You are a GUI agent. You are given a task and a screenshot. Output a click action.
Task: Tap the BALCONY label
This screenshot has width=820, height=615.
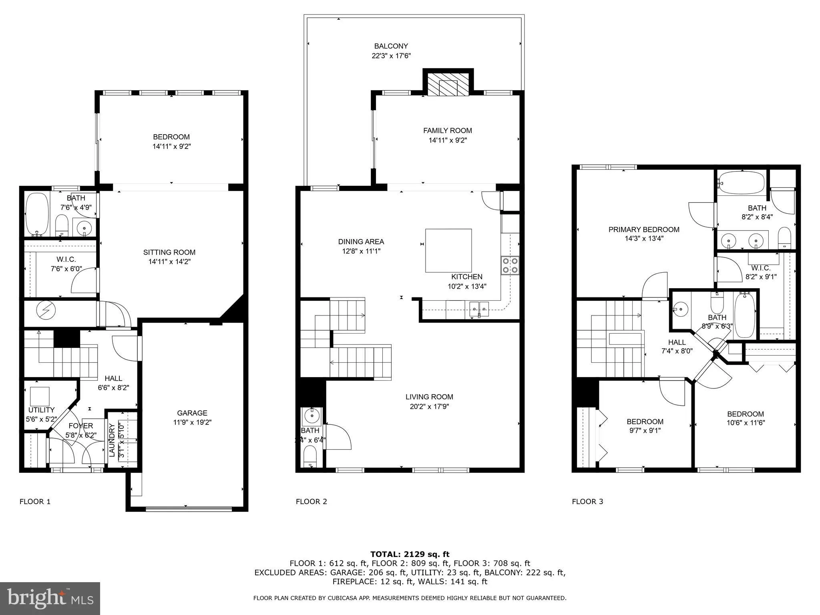pyautogui.click(x=391, y=46)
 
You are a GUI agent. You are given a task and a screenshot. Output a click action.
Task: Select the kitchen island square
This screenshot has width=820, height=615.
pyautogui.click(x=448, y=251)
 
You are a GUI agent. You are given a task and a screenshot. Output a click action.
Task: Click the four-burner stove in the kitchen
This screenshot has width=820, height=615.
pyautogui.click(x=510, y=265)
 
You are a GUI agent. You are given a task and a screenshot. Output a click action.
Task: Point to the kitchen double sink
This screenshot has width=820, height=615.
pyautogui.click(x=479, y=309)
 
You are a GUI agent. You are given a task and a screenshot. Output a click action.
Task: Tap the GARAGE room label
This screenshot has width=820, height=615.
pyautogui.click(x=192, y=413)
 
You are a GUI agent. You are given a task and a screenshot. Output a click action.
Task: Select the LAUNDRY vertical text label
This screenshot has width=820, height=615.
pyautogui.click(x=112, y=440)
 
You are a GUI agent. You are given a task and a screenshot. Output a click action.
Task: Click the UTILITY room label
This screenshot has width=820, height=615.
pyautogui.click(x=41, y=410)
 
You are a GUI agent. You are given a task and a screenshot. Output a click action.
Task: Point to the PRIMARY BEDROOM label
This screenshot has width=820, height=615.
pyautogui.click(x=643, y=229)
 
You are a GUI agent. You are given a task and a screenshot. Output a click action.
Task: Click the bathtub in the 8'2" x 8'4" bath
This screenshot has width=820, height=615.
pyautogui.click(x=741, y=183)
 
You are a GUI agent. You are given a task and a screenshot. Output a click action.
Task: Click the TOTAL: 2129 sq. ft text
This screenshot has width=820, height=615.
pyautogui.click(x=410, y=554)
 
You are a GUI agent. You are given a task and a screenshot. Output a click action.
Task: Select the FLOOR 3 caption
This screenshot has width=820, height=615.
pyautogui.click(x=587, y=501)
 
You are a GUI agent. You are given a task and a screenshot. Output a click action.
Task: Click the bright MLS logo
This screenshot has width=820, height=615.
pyautogui.click(x=50, y=598)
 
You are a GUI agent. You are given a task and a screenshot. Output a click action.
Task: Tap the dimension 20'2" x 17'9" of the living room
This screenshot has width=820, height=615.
pyautogui.click(x=429, y=407)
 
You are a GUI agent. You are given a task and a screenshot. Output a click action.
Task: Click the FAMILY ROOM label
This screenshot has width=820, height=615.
pyautogui.click(x=447, y=131)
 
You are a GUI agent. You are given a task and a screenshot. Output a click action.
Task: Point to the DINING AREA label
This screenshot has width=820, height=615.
pyautogui.click(x=361, y=241)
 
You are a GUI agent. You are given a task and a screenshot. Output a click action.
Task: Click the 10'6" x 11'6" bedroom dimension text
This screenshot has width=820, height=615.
pyautogui.click(x=746, y=422)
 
